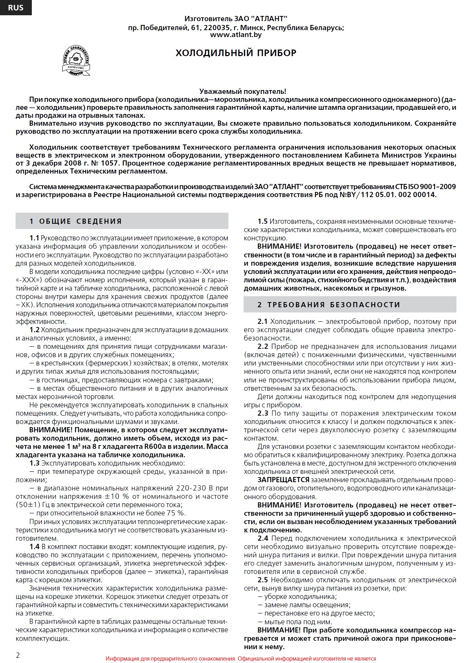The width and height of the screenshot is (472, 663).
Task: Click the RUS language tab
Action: click(16, 8)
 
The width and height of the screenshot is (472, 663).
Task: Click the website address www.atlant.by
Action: click(236, 35)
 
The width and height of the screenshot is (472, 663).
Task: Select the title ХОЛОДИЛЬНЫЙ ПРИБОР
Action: click(236, 53)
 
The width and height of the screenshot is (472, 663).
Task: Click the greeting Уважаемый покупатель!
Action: click(243, 91)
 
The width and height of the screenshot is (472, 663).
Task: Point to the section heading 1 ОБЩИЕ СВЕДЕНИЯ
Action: click(75, 221)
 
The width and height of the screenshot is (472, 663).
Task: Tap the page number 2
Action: click(18, 655)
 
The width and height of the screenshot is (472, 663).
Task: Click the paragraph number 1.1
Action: click(34, 238)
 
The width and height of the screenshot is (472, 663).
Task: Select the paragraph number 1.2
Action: click(34, 330)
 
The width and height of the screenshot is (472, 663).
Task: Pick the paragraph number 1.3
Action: click(34, 463)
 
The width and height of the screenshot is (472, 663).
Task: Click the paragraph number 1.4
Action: click(34, 547)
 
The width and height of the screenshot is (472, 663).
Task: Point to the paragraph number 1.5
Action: click(262, 222)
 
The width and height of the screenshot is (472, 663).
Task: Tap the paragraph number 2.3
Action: click(263, 414)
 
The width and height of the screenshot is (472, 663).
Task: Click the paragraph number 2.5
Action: click(263, 580)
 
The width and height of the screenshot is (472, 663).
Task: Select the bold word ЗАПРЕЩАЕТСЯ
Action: click(283, 480)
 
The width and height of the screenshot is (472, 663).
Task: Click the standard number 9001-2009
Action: click(438, 187)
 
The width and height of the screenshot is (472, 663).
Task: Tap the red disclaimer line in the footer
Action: click(241, 658)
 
